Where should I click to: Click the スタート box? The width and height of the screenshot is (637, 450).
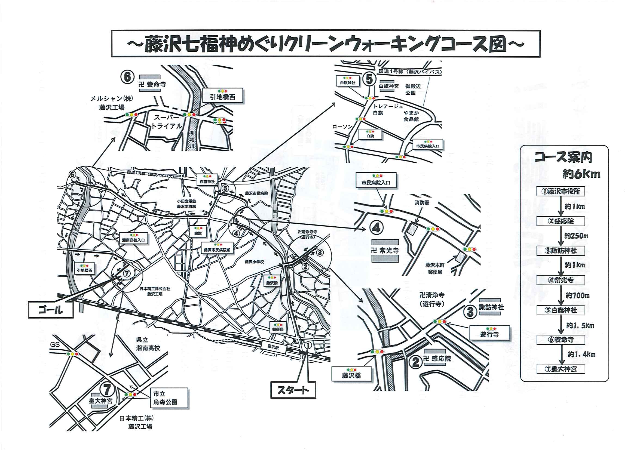293,390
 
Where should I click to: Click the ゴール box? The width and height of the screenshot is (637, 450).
51,310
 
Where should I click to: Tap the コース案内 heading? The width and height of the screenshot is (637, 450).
564,157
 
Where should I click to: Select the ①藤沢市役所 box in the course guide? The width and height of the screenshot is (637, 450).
561,191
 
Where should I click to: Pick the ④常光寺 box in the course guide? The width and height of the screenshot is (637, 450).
561,280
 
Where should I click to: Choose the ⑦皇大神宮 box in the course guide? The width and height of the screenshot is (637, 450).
561,369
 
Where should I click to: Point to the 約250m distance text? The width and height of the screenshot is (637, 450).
576,236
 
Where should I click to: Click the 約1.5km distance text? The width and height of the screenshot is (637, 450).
580,325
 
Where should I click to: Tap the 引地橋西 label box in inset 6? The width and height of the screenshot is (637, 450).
222,96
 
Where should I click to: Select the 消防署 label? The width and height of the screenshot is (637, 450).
422,203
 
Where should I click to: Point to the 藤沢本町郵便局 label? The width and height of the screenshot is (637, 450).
435,268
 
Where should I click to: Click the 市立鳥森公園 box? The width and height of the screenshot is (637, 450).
169,397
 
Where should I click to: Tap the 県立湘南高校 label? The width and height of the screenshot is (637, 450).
148,344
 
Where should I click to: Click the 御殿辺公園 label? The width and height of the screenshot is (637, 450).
413,90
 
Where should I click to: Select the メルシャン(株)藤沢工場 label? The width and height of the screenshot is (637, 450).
112,103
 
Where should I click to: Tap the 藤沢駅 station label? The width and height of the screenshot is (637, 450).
273,347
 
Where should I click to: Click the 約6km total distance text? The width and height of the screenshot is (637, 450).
581,174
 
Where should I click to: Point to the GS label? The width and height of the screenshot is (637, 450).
55,345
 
